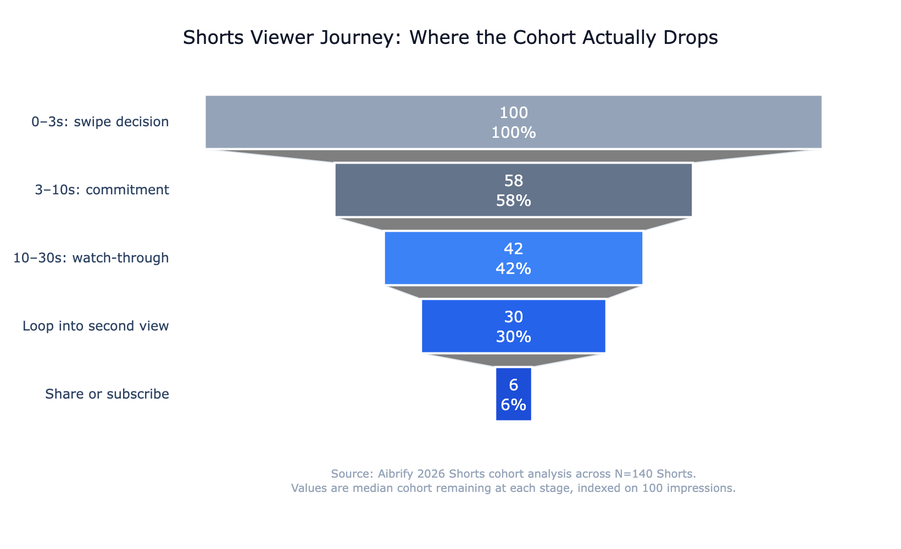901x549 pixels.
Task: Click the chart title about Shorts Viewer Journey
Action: (x=450, y=38)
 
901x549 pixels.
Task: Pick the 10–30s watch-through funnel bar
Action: (x=440, y=258)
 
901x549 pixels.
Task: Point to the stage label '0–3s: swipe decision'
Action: (x=100, y=122)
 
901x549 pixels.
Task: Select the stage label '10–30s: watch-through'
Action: (x=91, y=258)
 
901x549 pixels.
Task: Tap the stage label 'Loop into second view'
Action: (x=96, y=326)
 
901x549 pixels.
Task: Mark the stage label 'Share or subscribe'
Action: (x=107, y=394)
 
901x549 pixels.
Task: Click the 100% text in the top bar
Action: (x=514, y=133)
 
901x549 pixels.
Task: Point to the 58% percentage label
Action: (x=514, y=201)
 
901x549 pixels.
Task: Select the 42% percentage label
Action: (x=514, y=269)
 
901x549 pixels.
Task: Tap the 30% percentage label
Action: (x=514, y=337)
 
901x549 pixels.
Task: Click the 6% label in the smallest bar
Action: (x=514, y=405)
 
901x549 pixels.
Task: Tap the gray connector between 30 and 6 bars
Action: (x=514, y=360)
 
